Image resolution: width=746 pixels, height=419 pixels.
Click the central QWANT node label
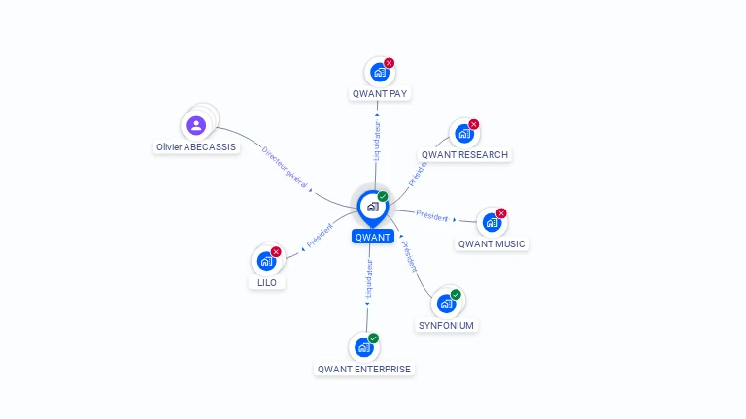coord(373,237)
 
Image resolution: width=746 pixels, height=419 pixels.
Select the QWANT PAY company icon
coord(379,72)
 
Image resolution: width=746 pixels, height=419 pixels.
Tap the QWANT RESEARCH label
coord(464,155)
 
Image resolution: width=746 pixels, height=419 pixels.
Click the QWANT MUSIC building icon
coord(492,222)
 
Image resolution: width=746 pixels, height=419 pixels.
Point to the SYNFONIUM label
coord(446,326)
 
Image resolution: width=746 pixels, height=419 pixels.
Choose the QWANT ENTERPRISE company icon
coord(363,346)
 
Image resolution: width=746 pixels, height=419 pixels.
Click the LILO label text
coord(267,283)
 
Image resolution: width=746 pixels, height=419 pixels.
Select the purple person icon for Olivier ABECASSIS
coord(196,125)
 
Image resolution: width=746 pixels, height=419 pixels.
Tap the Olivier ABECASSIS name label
coord(196,147)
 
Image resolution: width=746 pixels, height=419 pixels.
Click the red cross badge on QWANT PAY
coord(390,63)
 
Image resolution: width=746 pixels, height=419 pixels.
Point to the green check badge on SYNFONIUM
coord(456,295)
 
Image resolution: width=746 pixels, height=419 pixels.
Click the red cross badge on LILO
coord(276,252)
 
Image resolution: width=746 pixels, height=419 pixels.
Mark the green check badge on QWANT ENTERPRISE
coord(374,338)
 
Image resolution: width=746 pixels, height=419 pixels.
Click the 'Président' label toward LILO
coord(320,236)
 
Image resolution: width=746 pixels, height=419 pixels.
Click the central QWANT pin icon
coord(372,206)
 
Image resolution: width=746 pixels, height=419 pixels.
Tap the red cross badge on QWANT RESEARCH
coord(474,124)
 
